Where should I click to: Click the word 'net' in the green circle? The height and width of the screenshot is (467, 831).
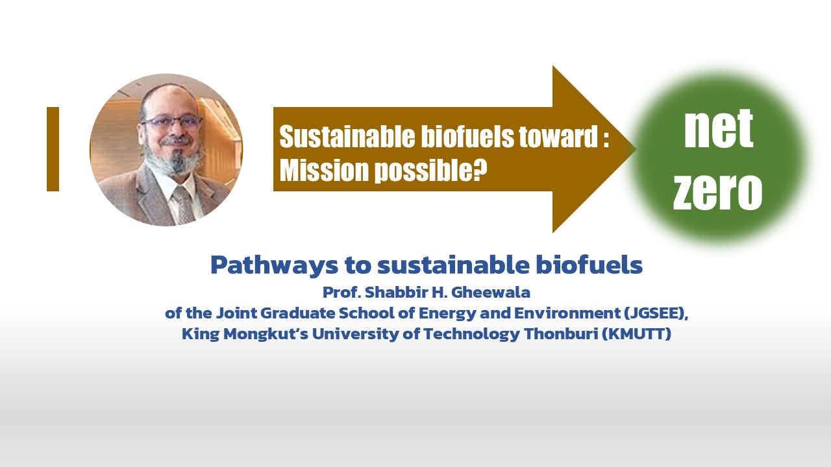(x=719, y=128)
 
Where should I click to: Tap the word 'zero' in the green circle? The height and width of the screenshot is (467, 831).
(x=717, y=191)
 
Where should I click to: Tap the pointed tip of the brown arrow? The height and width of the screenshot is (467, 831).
(x=636, y=149)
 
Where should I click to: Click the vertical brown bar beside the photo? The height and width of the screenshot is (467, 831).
(x=53, y=149)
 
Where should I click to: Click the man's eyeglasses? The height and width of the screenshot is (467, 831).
(x=172, y=123)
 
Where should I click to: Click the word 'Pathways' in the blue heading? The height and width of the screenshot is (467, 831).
(x=274, y=265)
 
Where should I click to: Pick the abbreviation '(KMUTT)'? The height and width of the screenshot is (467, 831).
(x=637, y=334)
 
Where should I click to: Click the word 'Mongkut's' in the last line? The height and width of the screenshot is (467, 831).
(x=266, y=334)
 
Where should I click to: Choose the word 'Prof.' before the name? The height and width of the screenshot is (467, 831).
(x=342, y=293)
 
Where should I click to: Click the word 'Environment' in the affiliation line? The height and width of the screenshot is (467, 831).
(x=567, y=313)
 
